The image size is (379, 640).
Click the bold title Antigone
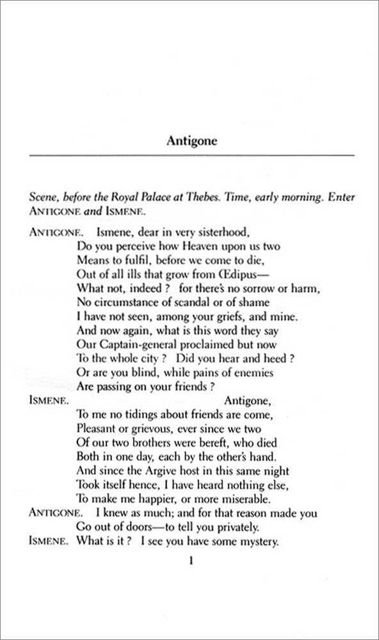point(191,141)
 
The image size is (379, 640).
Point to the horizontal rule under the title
point(191,156)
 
